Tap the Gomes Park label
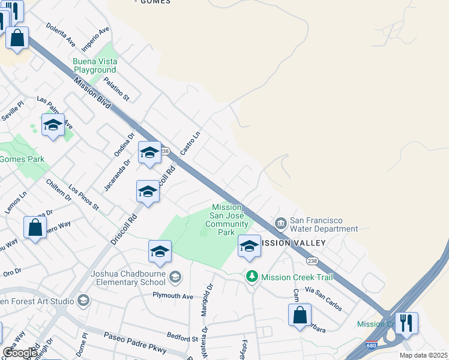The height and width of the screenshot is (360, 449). coord(22,160)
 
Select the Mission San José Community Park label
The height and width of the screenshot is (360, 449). coord(226,220)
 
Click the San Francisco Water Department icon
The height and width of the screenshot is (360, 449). coord(280,224)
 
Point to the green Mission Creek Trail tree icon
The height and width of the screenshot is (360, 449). coord(253,277)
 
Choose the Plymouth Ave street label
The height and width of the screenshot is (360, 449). coord(172,296)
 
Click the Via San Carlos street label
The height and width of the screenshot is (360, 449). coord(324,299)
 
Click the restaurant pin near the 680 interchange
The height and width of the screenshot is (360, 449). coord(406,323)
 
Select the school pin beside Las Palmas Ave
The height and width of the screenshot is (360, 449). coord(53,125)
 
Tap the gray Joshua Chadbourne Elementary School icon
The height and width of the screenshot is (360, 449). coord(175,277)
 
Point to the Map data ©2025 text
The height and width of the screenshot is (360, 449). coord(423,355)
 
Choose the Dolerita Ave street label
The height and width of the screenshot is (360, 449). coord(61,36)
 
